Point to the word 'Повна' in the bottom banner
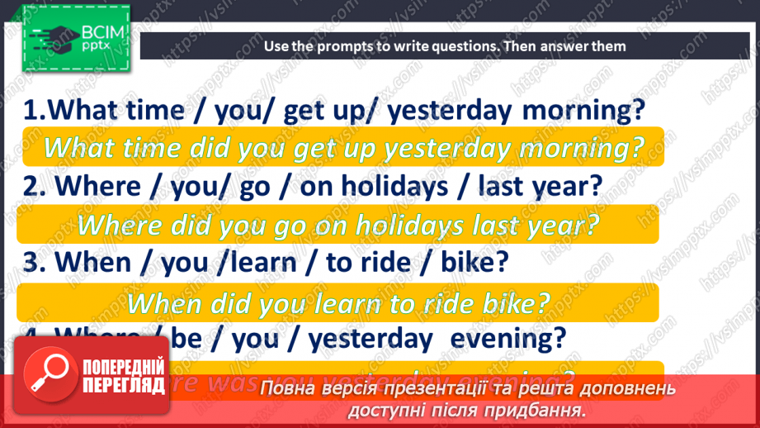tap(289, 388)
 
